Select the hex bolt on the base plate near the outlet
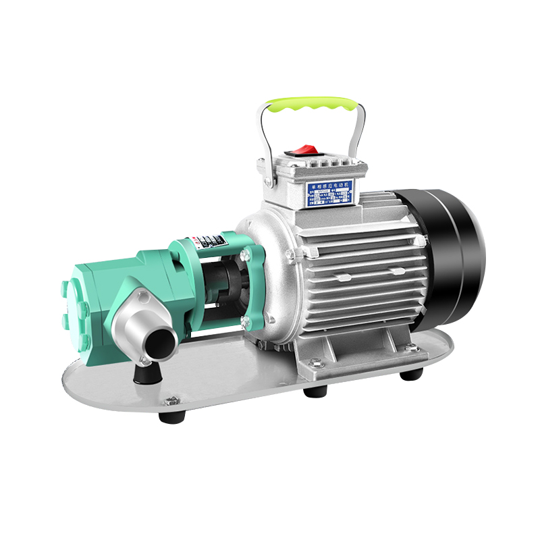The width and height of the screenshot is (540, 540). tap(170, 401)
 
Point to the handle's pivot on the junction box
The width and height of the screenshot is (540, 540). tap(268, 182)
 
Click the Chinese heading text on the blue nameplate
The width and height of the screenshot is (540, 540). tap(330, 184)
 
